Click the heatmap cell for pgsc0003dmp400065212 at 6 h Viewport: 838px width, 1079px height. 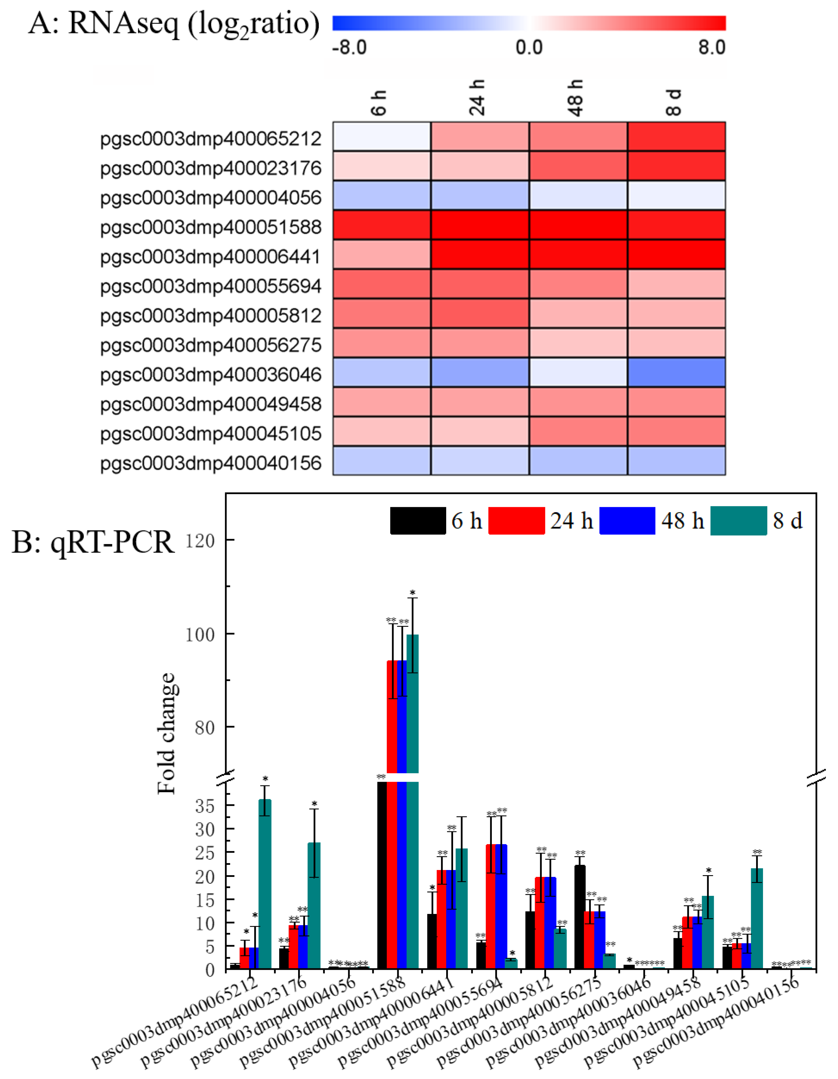(381, 136)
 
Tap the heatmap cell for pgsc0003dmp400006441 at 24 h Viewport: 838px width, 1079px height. (480, 254)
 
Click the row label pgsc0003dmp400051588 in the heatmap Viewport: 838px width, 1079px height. (211, 227)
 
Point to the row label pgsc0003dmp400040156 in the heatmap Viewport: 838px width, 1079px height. (211, 463)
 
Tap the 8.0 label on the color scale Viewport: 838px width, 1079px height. (712, 48)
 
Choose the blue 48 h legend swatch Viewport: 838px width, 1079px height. (627, 521)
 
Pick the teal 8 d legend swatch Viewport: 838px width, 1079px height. (738, 521)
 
